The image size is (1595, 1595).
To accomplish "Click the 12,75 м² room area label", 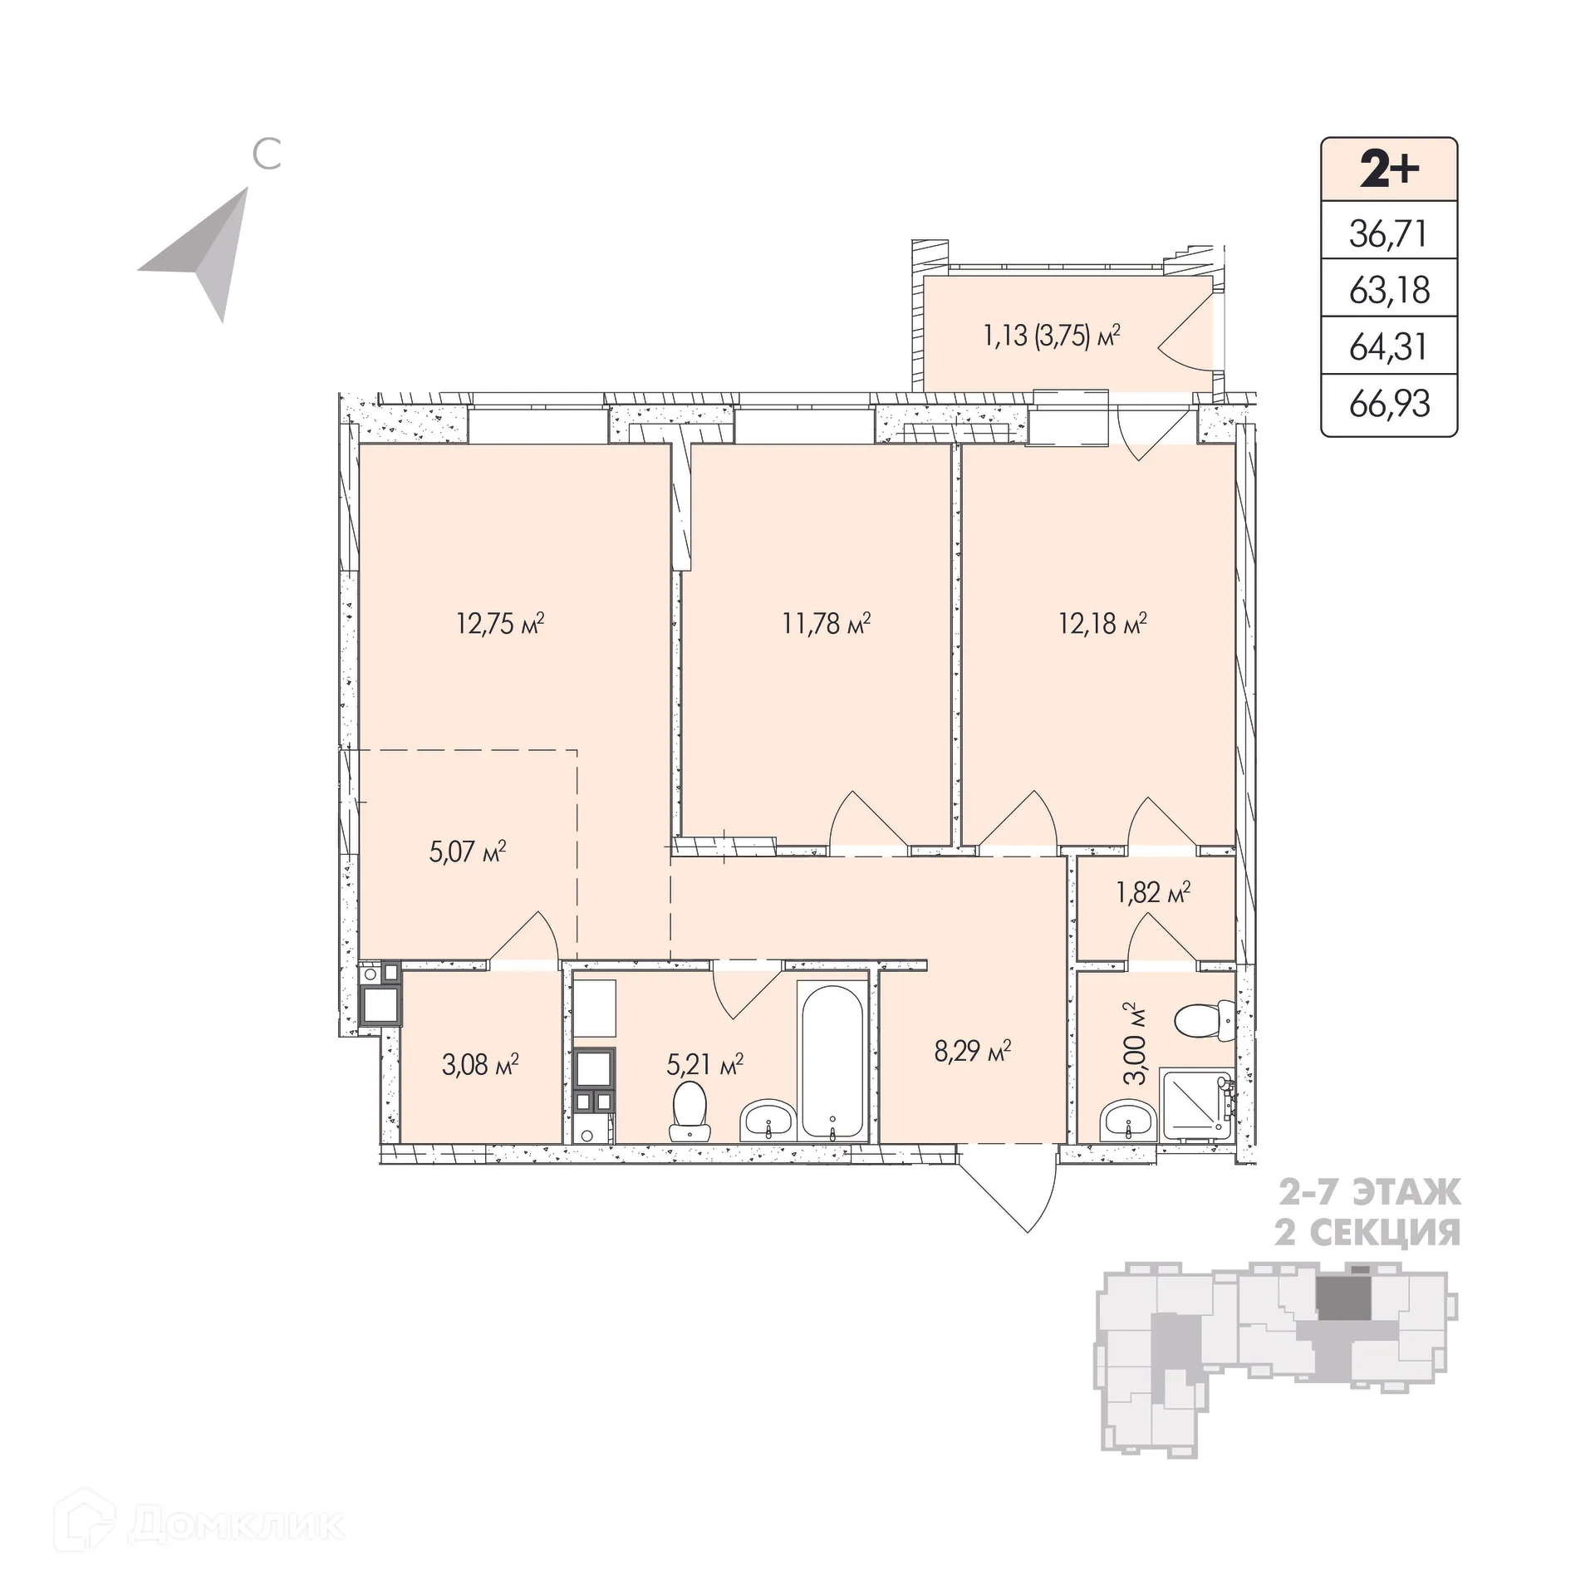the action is tap(500, 623).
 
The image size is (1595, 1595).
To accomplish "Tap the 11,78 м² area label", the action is tap(827, 623).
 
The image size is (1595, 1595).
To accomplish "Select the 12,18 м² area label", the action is tap(1103, 623).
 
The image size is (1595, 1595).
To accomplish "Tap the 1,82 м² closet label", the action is tap(1153, 893).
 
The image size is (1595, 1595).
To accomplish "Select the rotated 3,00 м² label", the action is tap(1135, 1043).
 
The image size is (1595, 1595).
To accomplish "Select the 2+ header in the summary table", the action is tap(1389, 169).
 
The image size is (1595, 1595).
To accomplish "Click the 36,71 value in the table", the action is tap(1389, 234).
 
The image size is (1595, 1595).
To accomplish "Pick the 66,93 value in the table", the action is tap(1389, 405).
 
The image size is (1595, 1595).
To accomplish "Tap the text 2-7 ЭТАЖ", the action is tap(1367, 1194).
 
